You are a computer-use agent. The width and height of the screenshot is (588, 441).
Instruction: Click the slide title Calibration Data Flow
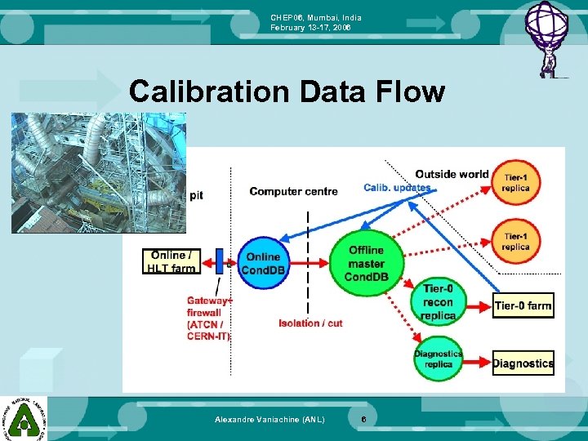pyautogui.click(x=287, y=92)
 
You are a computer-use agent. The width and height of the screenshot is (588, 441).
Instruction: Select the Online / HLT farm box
pyautogui.click(x=171, y=262)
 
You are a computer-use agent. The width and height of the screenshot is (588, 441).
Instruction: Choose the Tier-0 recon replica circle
pyautogui.click(x=438, y=303)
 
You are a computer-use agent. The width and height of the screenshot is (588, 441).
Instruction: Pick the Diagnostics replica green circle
pyautogui.click(x=438, y=359)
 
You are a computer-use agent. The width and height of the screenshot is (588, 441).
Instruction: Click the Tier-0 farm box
pyautogui.click(x=523, y=306)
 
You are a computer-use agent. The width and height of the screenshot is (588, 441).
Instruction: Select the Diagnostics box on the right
pyautogui.click(x=523, y=363)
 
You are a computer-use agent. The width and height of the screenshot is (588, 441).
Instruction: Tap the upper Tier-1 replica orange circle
pyautogui.click(x=515, y=182)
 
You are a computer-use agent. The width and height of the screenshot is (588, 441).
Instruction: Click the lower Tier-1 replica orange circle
pyautogui.click(x=515, y=241)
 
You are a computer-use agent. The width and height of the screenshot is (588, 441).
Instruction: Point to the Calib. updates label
pyautogui.click(x=397, y=189)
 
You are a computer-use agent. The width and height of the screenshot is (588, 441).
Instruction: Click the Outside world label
pyautogui.click(x=452, y=174)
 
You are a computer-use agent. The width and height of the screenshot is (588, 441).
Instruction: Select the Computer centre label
pyautogui.click(x=293, y=192)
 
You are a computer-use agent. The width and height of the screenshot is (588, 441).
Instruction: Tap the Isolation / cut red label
pyautogui.click(x=311, y=323)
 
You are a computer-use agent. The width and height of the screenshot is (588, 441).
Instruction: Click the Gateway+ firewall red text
pyautogui.click(x=209, y=318)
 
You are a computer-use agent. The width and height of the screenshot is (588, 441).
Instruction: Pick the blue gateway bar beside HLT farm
pyautogui.click(x=219, y=262)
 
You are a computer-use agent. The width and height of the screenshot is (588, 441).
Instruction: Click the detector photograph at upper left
pyautogui.click(x=98, y=173)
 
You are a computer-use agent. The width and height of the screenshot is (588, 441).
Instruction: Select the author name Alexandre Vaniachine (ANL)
pyautogui.click(x=269, y=420)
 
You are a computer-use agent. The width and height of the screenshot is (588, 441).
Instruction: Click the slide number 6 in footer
pyautogui.click(x=363, y=420)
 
